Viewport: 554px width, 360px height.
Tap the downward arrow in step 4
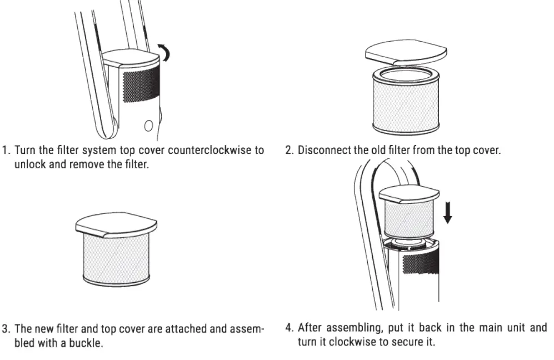pos(447,212)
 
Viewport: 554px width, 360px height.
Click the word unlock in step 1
pos(28,165)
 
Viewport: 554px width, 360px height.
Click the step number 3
pos(6,328)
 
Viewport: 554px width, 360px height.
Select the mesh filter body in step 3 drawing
pos(117,256)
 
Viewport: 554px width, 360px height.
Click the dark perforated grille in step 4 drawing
pos(422,264)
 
